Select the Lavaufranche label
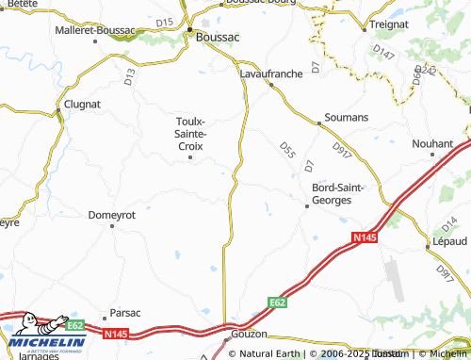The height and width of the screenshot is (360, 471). tap(270, 72)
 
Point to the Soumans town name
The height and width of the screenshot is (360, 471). tap(346, 117)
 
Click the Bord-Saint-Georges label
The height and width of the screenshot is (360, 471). tap(337, 193)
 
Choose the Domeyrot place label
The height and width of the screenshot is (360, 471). tap(112, 215)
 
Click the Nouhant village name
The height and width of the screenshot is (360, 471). tap(433, 143)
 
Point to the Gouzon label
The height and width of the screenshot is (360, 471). tap(250, 335)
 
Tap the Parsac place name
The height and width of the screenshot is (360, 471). tap(125, 312)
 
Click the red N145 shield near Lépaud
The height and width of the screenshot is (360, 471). tap(365, 237)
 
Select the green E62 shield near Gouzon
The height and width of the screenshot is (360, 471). tap(276, 302)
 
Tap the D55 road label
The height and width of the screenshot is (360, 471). tap(287, 150)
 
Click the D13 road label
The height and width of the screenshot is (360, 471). tap(130, 76)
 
